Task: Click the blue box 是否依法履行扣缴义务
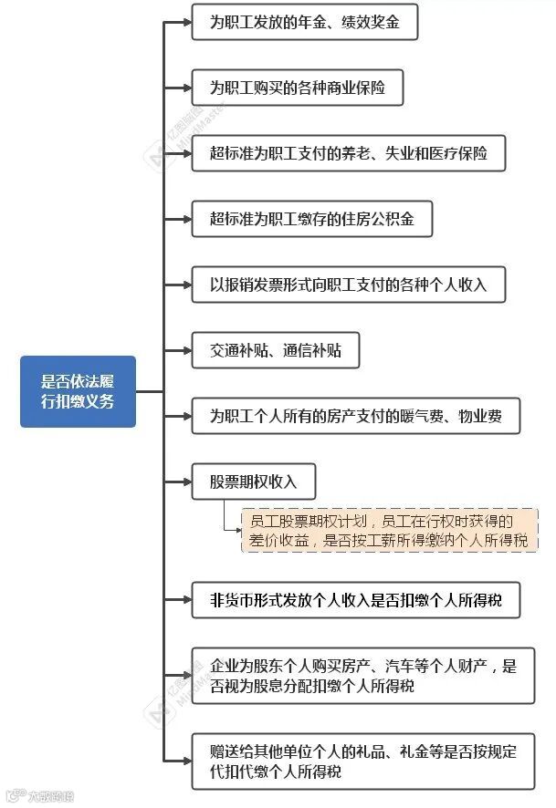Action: [x=78, y=391]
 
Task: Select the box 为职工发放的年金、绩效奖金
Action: [x=304, y=23]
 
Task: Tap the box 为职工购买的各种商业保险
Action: [x=297, y=88]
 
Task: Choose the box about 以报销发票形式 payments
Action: [x=348, y=285]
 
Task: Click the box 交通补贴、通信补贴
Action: [x=275, y=350]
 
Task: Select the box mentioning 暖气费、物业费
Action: [x=355, y=417]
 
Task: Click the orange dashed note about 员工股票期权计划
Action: [x=389, y=530]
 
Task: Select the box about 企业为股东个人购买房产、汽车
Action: [x=362, y=675]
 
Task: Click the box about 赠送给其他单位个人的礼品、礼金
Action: [x=362, y=761]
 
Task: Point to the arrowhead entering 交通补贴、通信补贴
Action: [x=186, y=350]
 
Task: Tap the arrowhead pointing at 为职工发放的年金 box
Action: [x=186, y=23]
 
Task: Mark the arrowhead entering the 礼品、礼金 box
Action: [x=186, y=761]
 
